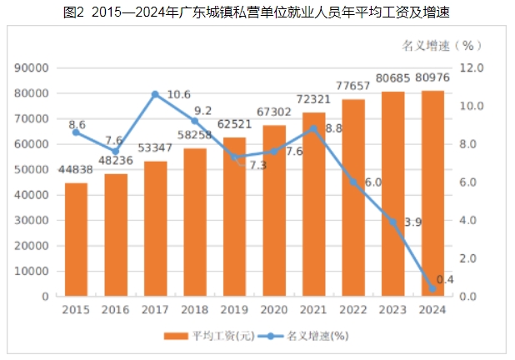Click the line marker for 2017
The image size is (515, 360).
(155, 94)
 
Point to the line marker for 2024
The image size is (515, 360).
(432, 288)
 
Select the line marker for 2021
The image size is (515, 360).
(313, 128)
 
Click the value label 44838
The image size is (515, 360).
(76, 170)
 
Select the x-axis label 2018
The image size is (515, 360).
(194, 309)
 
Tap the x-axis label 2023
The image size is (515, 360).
(392, 309)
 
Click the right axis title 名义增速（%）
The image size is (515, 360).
(437, 43)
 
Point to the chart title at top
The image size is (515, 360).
(257, 12)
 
